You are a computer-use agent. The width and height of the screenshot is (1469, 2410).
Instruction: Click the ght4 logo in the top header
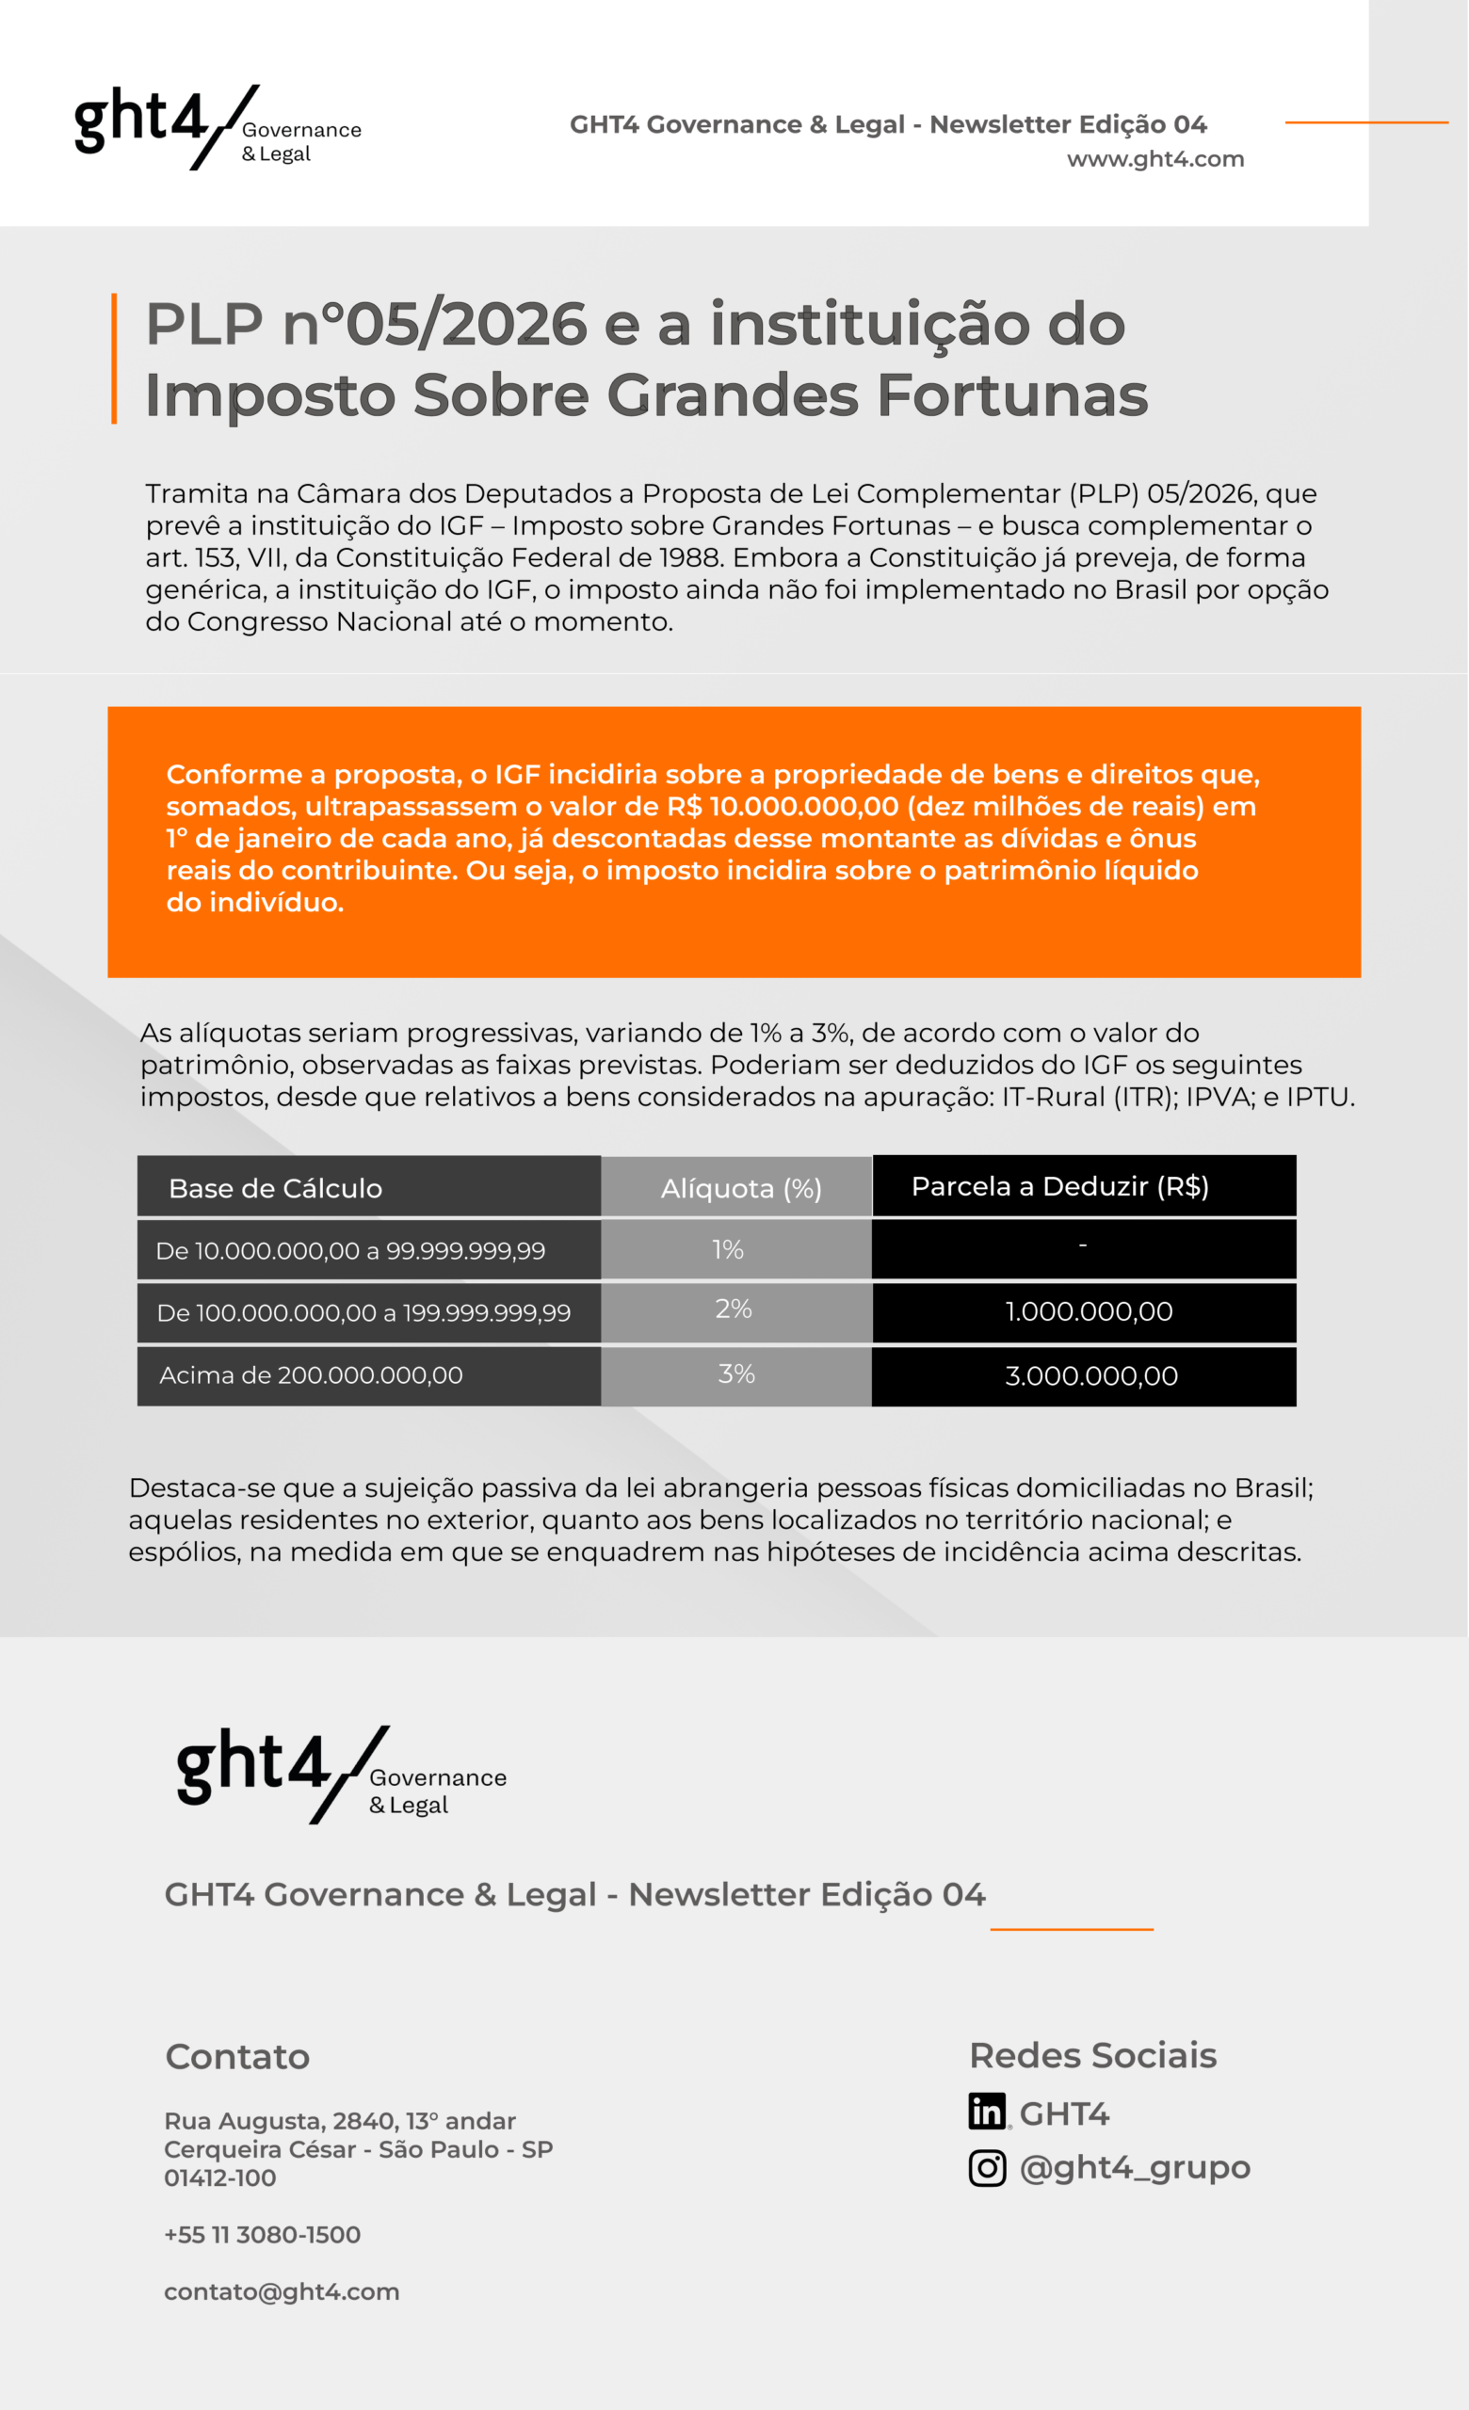218,127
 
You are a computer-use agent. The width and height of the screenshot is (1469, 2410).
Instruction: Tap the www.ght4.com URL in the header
1155,158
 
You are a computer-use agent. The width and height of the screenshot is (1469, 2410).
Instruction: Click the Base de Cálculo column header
275,1188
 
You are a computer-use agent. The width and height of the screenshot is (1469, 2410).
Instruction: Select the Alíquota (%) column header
740,1188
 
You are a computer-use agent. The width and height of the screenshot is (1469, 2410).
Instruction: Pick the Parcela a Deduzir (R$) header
1060,1186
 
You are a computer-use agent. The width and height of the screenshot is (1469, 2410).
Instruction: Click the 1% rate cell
728,1249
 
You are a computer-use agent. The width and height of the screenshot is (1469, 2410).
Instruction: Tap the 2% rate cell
734,1309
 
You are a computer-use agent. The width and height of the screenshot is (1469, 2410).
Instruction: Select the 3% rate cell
736,1374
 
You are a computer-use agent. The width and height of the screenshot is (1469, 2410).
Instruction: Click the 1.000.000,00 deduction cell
1089,1311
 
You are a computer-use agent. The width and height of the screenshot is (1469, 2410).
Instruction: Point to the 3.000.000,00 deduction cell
1091,1376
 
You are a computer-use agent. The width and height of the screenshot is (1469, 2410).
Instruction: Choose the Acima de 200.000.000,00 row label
311,1375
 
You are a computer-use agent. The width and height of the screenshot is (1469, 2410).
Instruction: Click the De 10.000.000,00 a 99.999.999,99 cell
350,1251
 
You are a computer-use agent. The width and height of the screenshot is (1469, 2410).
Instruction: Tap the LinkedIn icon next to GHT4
987,2112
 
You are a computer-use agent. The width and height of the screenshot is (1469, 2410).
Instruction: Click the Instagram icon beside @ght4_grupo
987,2167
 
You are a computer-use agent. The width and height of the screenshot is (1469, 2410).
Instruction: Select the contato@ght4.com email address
282,2291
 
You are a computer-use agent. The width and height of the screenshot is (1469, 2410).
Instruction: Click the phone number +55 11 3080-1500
262,2235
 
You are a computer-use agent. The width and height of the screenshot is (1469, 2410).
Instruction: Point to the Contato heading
237,2057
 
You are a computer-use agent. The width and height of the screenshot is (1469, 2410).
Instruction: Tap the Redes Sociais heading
1092,2056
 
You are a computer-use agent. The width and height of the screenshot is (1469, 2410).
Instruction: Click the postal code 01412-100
220,2178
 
